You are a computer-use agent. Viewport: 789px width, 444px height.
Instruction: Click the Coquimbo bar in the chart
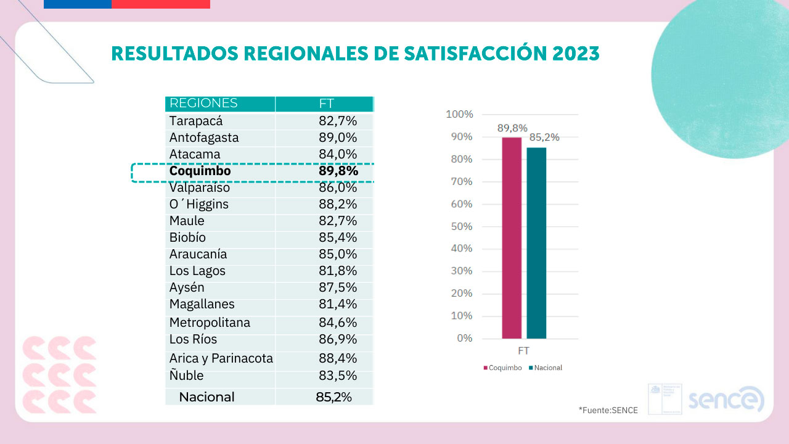click(512, 238)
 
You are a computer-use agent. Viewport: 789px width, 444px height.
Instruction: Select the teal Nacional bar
click(536, 243)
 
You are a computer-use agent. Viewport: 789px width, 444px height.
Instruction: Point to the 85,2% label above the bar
click(545, 138)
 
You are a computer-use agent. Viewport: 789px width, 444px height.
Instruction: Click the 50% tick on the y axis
click(460, 226)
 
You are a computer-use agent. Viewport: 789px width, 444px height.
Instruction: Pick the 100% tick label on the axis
click(459, 114)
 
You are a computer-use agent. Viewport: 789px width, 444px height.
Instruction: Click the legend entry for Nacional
click(546, 368)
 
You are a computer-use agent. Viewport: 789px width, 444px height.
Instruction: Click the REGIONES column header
click(203, 104)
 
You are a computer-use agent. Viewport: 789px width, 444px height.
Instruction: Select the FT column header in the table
click(326, 104)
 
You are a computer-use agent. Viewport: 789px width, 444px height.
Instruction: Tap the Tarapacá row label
click(196, 121)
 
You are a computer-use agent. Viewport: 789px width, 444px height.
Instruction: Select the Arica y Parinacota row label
click(221, 358)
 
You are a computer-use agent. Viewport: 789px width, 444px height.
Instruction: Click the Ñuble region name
click(186, 376)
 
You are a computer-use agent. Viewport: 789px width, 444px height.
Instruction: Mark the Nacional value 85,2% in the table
click(333, 397)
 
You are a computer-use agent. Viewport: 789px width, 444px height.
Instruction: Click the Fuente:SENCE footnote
click(608, 410)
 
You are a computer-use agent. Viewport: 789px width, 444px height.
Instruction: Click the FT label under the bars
click(524, 351)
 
